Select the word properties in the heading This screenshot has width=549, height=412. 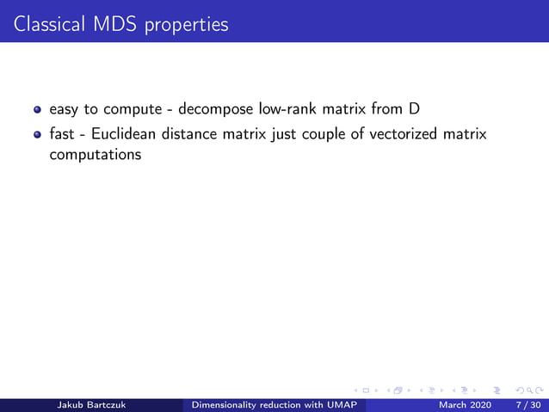[186, 25]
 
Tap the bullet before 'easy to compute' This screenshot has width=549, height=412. [37, 111]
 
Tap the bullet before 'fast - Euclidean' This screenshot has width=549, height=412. [37, 136]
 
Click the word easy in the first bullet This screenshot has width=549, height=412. [65, 110]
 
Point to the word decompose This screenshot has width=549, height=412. [209, 110]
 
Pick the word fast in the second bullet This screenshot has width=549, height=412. [63, 135]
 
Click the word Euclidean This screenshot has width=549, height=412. [126, 135]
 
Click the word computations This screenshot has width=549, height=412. [95, 156]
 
